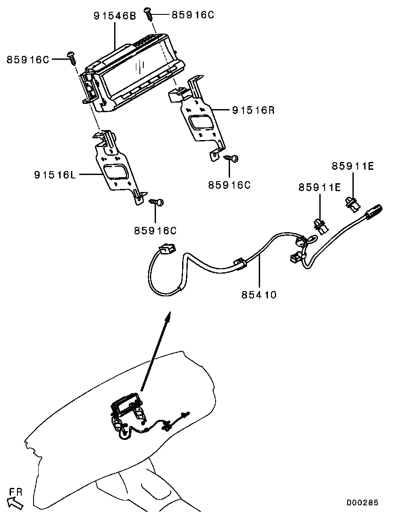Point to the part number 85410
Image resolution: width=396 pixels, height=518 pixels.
pyautogui.click(x=259, y=295)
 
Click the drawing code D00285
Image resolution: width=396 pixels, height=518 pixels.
pyautogui.click(x=362, y=503)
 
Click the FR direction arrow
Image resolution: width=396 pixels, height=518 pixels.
pyautogui.click(x=16, y=504)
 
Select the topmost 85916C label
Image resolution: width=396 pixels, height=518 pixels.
pyautogui.click(x=193, y=15)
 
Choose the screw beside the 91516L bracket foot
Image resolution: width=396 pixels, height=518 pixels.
pyautogui.click(x=157, y=202)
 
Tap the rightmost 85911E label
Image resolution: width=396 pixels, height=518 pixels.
pyautogui.click(x=352, y=166)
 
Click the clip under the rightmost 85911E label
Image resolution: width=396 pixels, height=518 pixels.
pyautogui.click(x=352, y=202)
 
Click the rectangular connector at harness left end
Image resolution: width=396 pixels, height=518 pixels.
pyautogui.click(x=166, y=249)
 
